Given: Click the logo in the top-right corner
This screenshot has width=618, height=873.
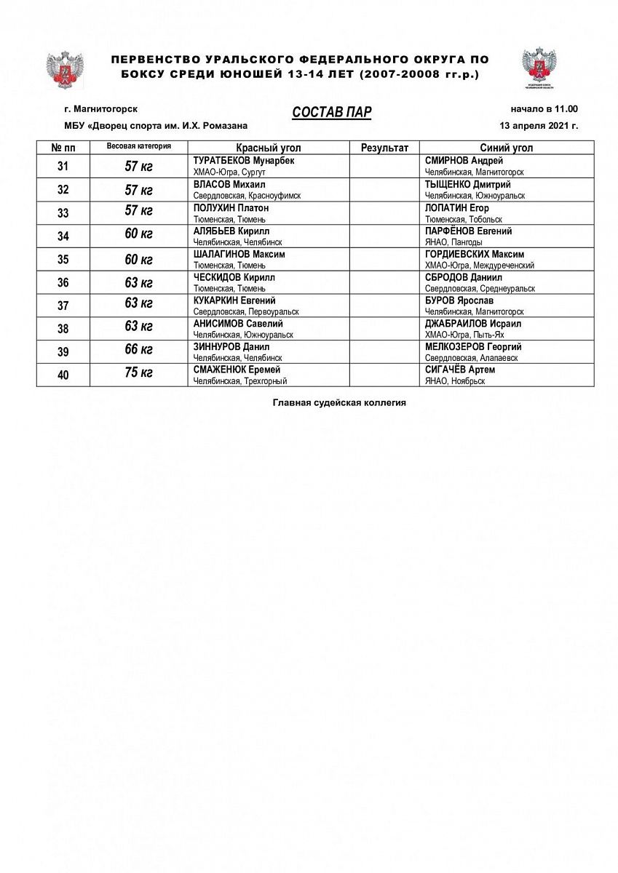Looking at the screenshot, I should pos(539,66).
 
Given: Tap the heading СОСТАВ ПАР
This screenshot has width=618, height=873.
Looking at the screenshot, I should pos(332,111).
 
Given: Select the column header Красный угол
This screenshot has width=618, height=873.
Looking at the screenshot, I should pos(269,148).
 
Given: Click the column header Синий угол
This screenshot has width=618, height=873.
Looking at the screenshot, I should pos(506,148).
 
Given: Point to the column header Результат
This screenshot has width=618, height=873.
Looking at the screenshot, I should pos(384,148).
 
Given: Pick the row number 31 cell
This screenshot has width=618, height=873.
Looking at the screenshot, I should pos(63,167).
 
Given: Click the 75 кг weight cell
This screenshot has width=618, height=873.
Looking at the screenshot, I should pos(138,374).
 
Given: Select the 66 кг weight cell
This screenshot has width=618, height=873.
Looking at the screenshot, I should pos(138,351).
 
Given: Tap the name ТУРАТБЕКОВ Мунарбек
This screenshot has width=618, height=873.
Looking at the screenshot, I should pos(243,161).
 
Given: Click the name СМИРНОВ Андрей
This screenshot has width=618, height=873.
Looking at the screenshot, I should pos(464,161).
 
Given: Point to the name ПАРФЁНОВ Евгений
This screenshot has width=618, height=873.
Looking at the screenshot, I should pos(468,231).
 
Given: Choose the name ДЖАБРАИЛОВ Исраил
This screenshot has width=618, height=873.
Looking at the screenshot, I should pos(472,324).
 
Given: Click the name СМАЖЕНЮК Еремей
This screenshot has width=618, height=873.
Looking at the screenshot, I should pos(237,370).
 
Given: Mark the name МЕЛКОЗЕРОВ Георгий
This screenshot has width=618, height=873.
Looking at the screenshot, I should pos(473,347).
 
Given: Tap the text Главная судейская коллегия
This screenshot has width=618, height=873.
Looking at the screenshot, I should pos(339,402).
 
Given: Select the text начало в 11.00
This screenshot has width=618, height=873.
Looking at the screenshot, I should pos(544,109).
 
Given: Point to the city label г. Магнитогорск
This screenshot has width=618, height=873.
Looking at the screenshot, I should pos(100,109).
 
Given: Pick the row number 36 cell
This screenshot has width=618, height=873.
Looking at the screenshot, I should pos(63,282).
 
